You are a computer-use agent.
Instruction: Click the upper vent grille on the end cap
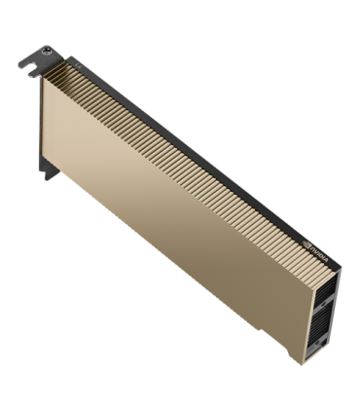[328, 291]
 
